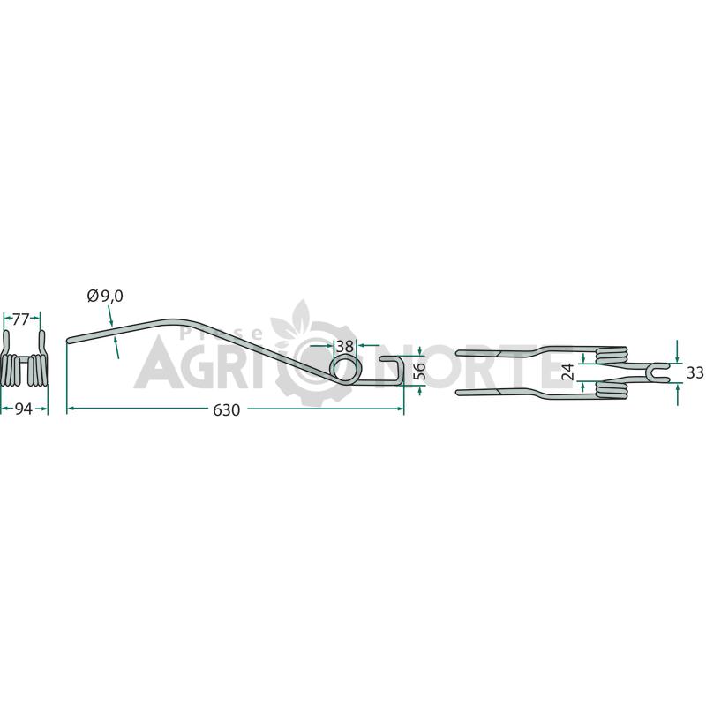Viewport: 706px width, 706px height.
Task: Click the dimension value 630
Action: pos(227,410)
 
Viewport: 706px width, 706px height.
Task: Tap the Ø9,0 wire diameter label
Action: pos(105,297)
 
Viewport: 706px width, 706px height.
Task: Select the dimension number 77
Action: pos(20,319)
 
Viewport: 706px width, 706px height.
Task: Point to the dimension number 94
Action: pos(24,409)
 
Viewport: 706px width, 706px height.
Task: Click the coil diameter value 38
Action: pos(344,346)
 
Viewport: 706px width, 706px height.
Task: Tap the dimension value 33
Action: pos(695,372)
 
